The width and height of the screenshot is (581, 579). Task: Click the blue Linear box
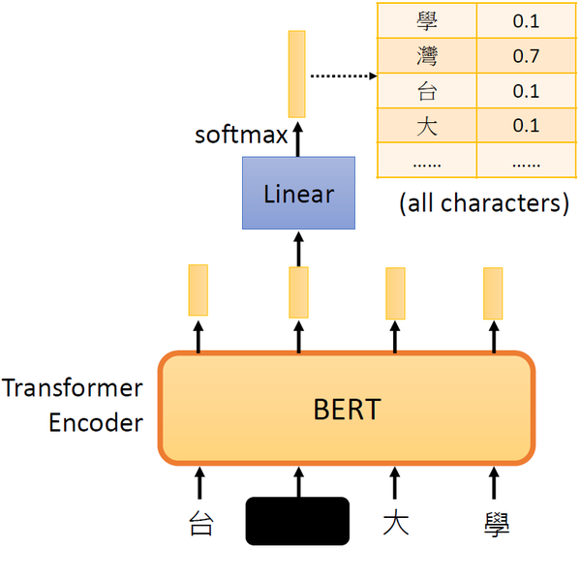298,194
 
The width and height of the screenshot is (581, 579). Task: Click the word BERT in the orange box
346,409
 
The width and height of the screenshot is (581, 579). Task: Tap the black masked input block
297,520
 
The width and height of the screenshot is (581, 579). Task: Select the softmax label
241,135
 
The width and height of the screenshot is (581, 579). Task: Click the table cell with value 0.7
526,57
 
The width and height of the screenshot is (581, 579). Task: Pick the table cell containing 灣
426,57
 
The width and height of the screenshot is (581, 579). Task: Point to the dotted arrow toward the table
342,74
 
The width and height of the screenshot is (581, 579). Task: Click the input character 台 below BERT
199,526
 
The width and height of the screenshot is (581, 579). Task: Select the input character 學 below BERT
495,526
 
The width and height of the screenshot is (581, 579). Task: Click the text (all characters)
482,203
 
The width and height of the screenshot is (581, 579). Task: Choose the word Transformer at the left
72,389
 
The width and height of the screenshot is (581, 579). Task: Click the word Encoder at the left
95,423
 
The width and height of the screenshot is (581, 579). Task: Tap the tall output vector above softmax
296,74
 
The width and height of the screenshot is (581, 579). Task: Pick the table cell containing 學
426,20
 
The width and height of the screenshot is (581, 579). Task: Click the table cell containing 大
426,126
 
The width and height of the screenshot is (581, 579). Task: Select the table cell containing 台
426,91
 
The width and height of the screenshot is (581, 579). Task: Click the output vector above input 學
493,293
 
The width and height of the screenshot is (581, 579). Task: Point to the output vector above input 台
198,289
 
